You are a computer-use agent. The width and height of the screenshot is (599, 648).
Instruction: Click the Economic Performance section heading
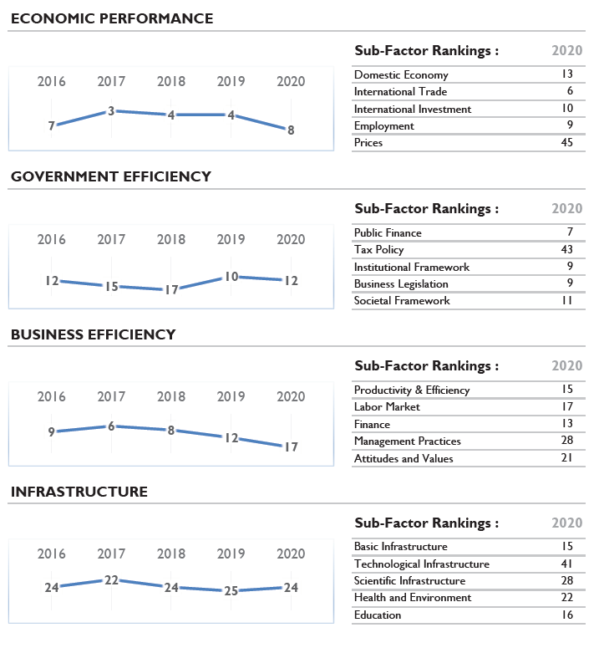112,18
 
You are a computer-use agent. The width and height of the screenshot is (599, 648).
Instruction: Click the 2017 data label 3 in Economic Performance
111,111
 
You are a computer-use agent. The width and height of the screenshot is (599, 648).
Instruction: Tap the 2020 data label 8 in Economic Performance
291,130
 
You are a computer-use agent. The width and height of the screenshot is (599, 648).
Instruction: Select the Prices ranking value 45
566,143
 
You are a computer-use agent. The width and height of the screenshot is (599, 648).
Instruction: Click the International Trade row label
400,91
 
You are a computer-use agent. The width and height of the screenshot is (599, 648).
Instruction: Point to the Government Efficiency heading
111,176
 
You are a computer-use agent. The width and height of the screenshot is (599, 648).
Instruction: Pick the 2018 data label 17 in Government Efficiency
171,289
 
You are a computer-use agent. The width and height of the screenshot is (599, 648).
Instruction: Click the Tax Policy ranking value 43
566,249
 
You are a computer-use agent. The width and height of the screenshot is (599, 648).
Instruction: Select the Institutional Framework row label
412,267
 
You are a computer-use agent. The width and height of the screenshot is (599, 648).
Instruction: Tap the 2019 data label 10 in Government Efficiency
231,277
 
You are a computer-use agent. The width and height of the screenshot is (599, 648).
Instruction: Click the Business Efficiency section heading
94,334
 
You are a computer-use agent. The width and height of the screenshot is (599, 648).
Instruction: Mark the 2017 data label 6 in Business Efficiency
111,426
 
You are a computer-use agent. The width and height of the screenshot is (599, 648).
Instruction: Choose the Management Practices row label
408,441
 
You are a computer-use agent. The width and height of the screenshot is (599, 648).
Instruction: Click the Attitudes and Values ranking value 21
566,458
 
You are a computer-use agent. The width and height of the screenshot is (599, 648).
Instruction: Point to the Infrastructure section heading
79,492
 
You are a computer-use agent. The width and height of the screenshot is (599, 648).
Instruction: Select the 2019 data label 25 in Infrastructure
231,591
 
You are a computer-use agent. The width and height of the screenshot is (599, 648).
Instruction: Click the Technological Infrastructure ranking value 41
566,564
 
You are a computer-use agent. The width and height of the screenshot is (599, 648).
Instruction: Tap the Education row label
378,615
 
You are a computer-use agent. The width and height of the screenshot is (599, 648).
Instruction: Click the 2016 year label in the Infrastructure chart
51,554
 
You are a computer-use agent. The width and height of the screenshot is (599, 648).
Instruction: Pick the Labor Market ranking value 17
567,406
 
